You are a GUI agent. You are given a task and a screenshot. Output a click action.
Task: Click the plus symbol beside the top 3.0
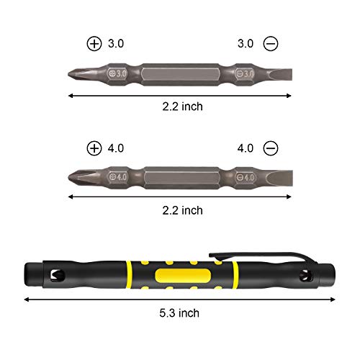(94, 44)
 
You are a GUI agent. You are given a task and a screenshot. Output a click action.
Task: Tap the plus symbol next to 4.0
(94, 148)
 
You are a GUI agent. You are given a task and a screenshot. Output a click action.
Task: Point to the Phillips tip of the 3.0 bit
(75, 73)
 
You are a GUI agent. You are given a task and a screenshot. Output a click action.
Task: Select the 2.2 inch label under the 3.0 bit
(182, 106)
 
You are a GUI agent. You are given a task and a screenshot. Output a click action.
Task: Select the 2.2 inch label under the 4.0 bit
(182, 210)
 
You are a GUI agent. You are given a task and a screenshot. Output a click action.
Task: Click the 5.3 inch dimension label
(179, 312)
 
